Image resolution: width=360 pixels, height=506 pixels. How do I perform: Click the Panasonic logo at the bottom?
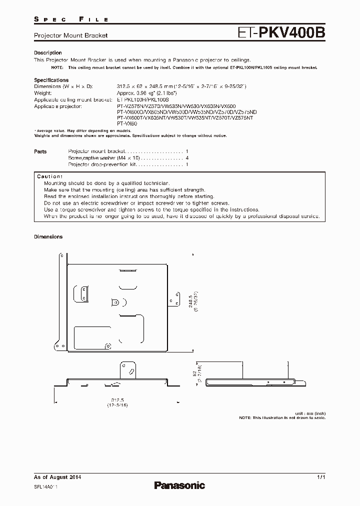(179, 485)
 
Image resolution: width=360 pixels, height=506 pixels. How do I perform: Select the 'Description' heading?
(48, 53)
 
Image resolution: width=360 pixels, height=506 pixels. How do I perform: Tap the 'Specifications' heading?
(51, 80)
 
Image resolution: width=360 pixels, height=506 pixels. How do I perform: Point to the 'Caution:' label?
(50, 176)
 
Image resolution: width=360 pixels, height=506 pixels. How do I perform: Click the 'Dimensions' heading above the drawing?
(48, 236)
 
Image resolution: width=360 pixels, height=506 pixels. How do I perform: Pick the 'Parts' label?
(40, 151)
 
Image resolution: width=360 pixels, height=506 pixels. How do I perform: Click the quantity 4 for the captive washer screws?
(187, 157)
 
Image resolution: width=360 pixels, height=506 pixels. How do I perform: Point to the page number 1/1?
(321, 477)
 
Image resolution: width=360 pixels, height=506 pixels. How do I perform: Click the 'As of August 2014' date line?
(57, 477)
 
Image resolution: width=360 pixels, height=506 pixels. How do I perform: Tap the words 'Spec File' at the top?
(70, 19)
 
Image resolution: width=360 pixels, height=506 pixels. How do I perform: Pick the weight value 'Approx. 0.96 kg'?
(134, 93)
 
